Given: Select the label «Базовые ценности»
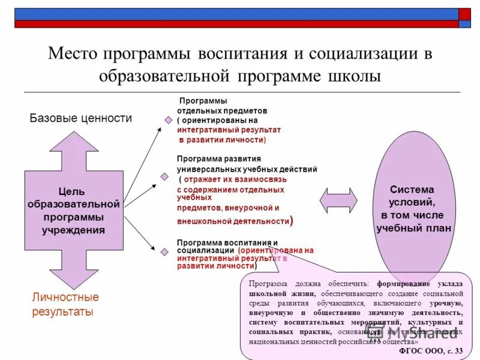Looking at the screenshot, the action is (x=81, y=118).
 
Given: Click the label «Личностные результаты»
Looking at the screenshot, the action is (x=65, y=304).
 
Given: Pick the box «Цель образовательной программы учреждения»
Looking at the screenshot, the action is (x=73, y=211).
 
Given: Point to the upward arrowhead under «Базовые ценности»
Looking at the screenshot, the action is (x=73, y=147).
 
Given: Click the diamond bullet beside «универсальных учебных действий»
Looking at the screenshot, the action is (x=164, y=177).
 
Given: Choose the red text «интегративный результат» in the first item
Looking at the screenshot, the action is (x=229, y=130).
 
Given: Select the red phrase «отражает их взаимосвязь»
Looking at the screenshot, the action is (x=235, y=179).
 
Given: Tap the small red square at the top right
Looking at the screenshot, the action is (x=465, y=14).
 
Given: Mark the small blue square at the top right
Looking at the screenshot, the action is (x=465, y=25).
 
